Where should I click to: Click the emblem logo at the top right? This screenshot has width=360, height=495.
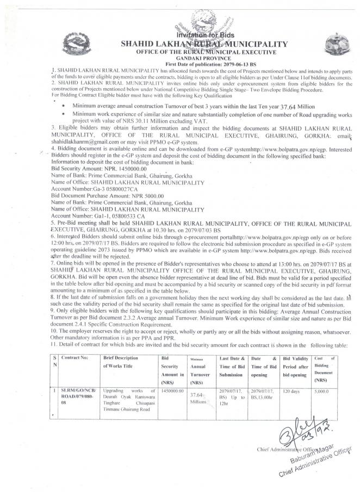pyautogui.click(x=333, y=44)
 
